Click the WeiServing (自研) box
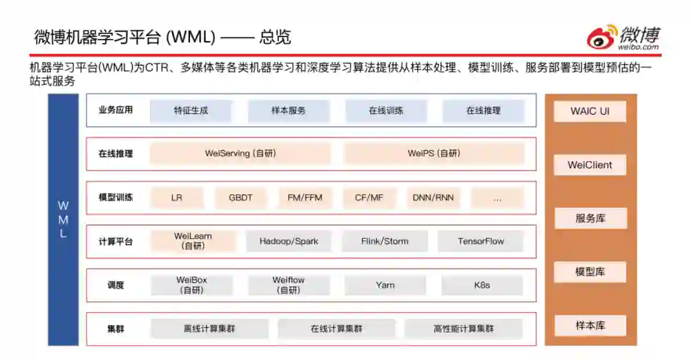241,153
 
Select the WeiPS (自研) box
434,153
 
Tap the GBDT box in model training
241,198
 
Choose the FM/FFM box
305,198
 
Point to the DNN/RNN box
433,198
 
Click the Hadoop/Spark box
289,241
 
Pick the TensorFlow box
481,241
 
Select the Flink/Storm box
385,241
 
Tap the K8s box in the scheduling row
482,285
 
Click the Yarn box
385,285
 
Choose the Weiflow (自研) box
289,285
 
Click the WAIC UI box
590,111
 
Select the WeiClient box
590,165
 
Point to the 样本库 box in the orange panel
590,325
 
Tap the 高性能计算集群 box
463,329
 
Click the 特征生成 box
191,111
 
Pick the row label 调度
116,285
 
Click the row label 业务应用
116,110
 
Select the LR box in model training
177,198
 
